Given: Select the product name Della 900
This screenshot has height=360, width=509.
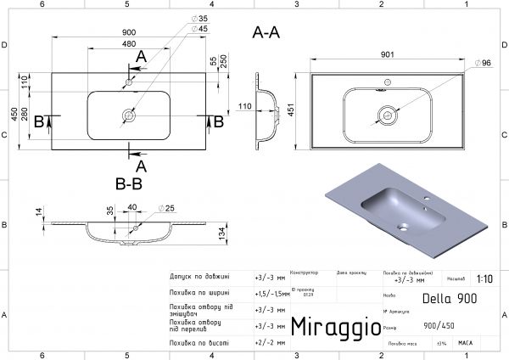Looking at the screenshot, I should coord(450,298).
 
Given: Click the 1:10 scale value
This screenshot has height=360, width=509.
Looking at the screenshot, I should coord(484,278).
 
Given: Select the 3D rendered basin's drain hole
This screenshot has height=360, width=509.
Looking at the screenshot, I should coord(404,228).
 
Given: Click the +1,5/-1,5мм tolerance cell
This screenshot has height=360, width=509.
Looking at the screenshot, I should coord(270,292).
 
